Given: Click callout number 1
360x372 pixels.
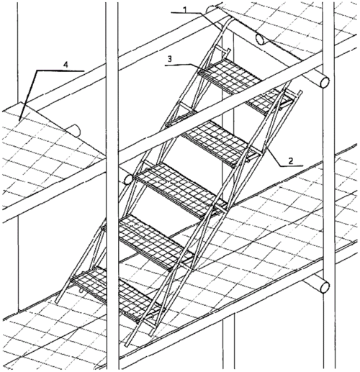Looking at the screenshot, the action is (x=184, y=9).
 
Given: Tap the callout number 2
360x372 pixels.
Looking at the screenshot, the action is (x=291, y=160).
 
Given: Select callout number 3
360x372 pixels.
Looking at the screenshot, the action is (x=170, y=59).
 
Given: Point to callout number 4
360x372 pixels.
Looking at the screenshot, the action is (x=66, y=65).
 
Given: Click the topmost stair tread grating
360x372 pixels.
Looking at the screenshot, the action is (x=230, y=76).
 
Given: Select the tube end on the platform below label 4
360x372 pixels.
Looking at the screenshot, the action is (x=76, y=131).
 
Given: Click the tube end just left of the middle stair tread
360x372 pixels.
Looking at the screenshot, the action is (x=128, y=179).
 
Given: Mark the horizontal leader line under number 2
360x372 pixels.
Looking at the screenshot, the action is (x=291, y=165).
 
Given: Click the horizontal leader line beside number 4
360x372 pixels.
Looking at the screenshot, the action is (x=60, y=71).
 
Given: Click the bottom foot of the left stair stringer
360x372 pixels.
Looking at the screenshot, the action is (x=58, y=300).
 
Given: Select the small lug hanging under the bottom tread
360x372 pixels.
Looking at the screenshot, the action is (x=81, y=291).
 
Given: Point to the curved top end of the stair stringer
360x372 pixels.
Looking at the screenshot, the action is (x=229, y=19).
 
